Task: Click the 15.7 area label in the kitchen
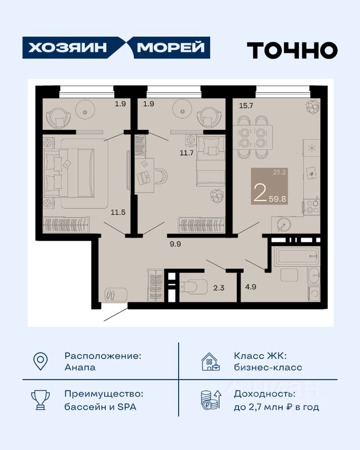point(246,105)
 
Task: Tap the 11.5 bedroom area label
point(118,212)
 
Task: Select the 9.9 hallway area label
point(175,244)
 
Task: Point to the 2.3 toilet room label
point(219,287)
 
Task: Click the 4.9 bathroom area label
point(251,286)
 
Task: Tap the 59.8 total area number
point(277,199)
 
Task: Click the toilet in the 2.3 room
point(194,286)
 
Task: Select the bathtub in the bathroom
point(296,256)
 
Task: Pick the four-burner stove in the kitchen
point(312,206)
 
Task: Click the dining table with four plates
point(253,137)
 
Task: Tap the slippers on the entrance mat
point(110,294)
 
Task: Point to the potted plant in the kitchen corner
point(312,106)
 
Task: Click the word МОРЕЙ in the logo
point(171,48)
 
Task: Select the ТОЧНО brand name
point(292,50)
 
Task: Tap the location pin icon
point(40,361)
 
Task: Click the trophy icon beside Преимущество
point(40,400)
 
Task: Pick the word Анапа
point(80,367)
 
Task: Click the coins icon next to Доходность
point(211,400)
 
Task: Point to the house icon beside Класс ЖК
point(211,361)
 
